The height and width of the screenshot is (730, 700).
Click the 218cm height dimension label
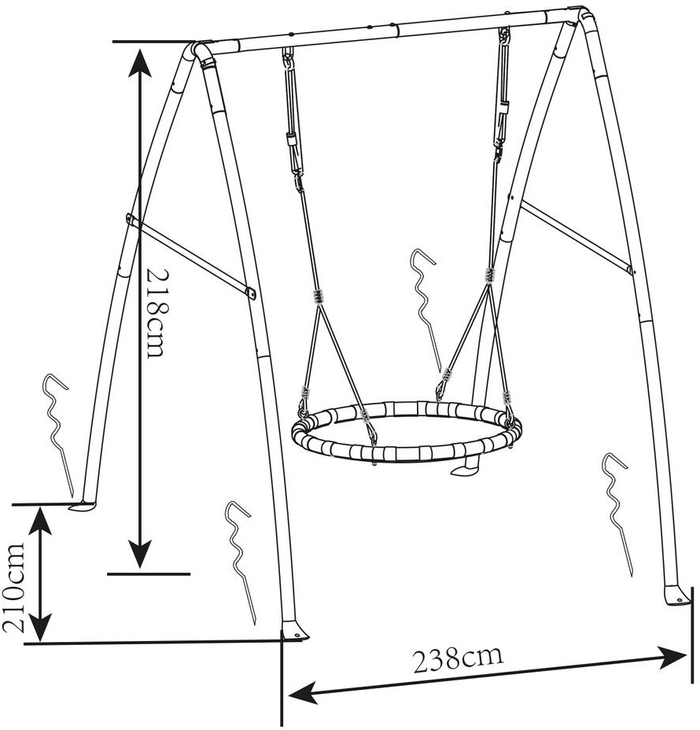tap(155, 312)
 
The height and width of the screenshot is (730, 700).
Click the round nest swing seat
tap(407, 433)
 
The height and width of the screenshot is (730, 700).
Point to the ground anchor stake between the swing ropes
tap(425, 307)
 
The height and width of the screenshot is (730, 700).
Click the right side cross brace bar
tap(577, 237)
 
